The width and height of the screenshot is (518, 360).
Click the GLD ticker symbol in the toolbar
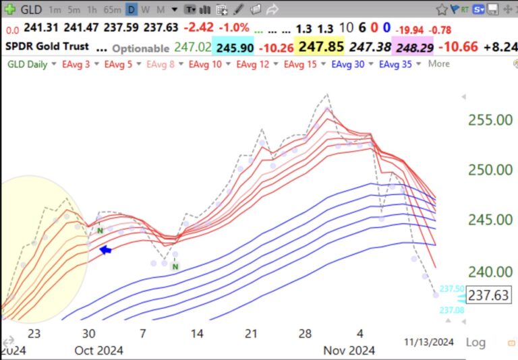coord(32,9)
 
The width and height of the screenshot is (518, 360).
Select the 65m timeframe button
coord(113,10)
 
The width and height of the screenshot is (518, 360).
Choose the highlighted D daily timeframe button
coord(131,10)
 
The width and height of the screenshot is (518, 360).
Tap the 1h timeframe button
coord(92,10)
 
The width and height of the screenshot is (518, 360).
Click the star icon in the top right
coord(442,9)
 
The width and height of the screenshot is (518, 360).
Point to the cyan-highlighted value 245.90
coord(235,48)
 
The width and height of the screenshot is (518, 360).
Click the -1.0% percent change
coord(233,29)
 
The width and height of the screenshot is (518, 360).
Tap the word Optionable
coord(140,49)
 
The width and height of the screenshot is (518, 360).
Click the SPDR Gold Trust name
coord(46,48)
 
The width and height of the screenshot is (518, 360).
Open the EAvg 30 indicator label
coord(348,64)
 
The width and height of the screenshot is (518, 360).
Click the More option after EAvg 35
coord(438,64)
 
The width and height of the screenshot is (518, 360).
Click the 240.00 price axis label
coord(490,271)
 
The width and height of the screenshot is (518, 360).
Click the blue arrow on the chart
coord(105,250)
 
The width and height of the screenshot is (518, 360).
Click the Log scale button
coord(476,342)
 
